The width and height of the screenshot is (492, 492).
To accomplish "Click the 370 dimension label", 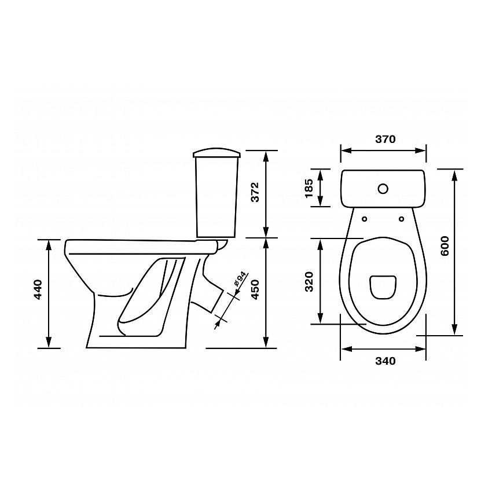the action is pos(385,139).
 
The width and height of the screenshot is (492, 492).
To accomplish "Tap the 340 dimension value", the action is pos(385,361).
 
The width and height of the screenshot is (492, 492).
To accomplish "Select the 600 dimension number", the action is pos(445,246).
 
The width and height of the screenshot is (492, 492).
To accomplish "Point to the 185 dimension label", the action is pos(309,188).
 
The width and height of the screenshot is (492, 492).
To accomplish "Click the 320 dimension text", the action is pos(309,282).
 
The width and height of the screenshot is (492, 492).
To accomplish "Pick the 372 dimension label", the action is pos(255,192).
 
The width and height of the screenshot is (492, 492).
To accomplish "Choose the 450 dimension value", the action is pos(255,289).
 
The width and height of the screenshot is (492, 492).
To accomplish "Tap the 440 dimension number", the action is pos(38,289).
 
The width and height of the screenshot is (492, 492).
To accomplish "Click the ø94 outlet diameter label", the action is pos(240,278).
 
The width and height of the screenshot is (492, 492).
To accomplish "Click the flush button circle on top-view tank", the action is pos(383,189).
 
